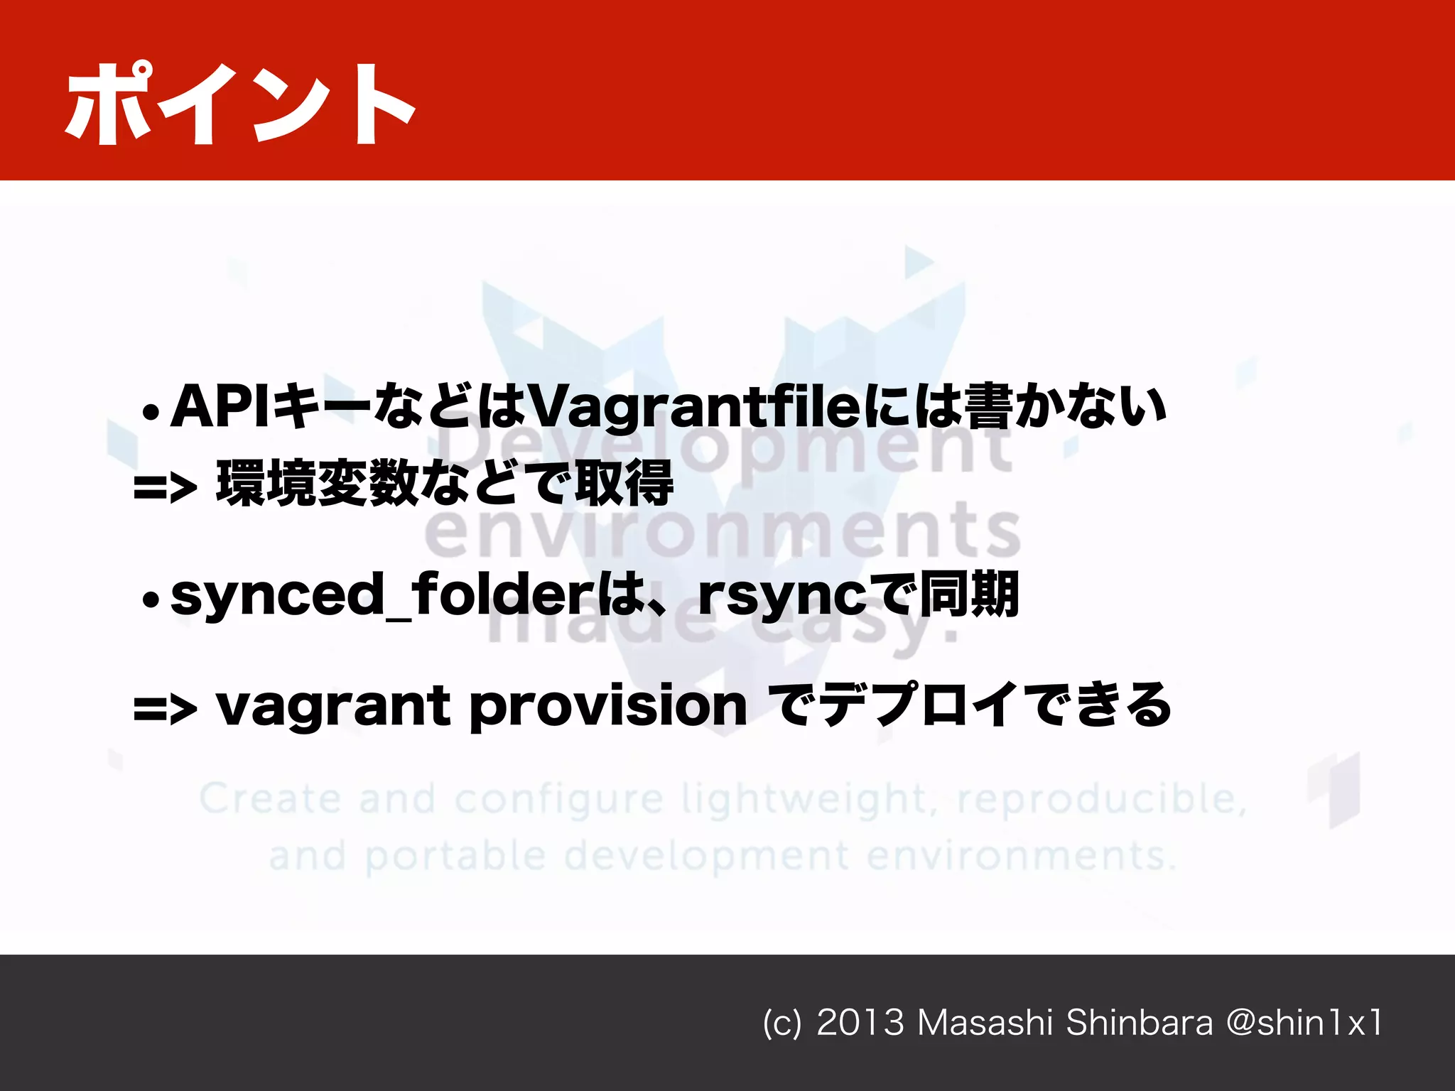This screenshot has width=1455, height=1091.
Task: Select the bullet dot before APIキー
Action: pyautogui.click(x=151, y=412)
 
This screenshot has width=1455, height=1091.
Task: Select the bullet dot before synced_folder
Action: pyautogui.click(x=151, y=600)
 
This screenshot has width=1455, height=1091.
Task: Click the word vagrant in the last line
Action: pyautogui.click(x=332, y=707)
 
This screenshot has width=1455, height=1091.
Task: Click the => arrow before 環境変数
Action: pyautogui.click(x=165, y=488)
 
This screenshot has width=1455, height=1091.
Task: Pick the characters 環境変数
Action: pyautogui.click(x=316, y=483)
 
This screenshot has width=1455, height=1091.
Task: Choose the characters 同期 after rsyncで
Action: pyautogui.click(x=970, y=594)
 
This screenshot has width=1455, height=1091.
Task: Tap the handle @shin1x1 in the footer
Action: pyautogui.click(x=1304, y=1023)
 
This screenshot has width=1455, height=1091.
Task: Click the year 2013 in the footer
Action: pyautogui.click(x=860, y=1023)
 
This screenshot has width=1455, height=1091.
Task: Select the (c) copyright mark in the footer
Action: pyautogui.click(x=781, y=1024)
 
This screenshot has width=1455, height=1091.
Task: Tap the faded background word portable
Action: pyautogui.click(x=455, y=857)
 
